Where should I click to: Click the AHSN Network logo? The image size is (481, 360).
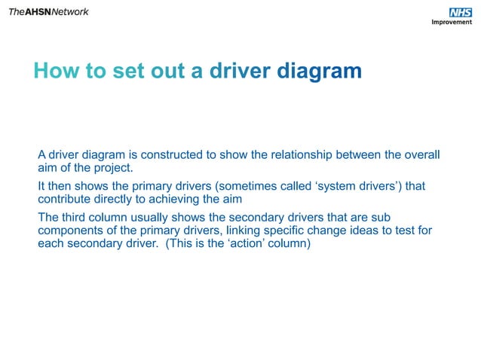coord(48,11)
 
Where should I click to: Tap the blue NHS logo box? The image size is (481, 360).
coord(459,12)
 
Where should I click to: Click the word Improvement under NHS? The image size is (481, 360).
coord(452,22)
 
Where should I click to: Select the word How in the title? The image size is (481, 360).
coord(52,71)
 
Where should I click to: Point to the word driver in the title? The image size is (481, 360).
coord(240,71)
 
